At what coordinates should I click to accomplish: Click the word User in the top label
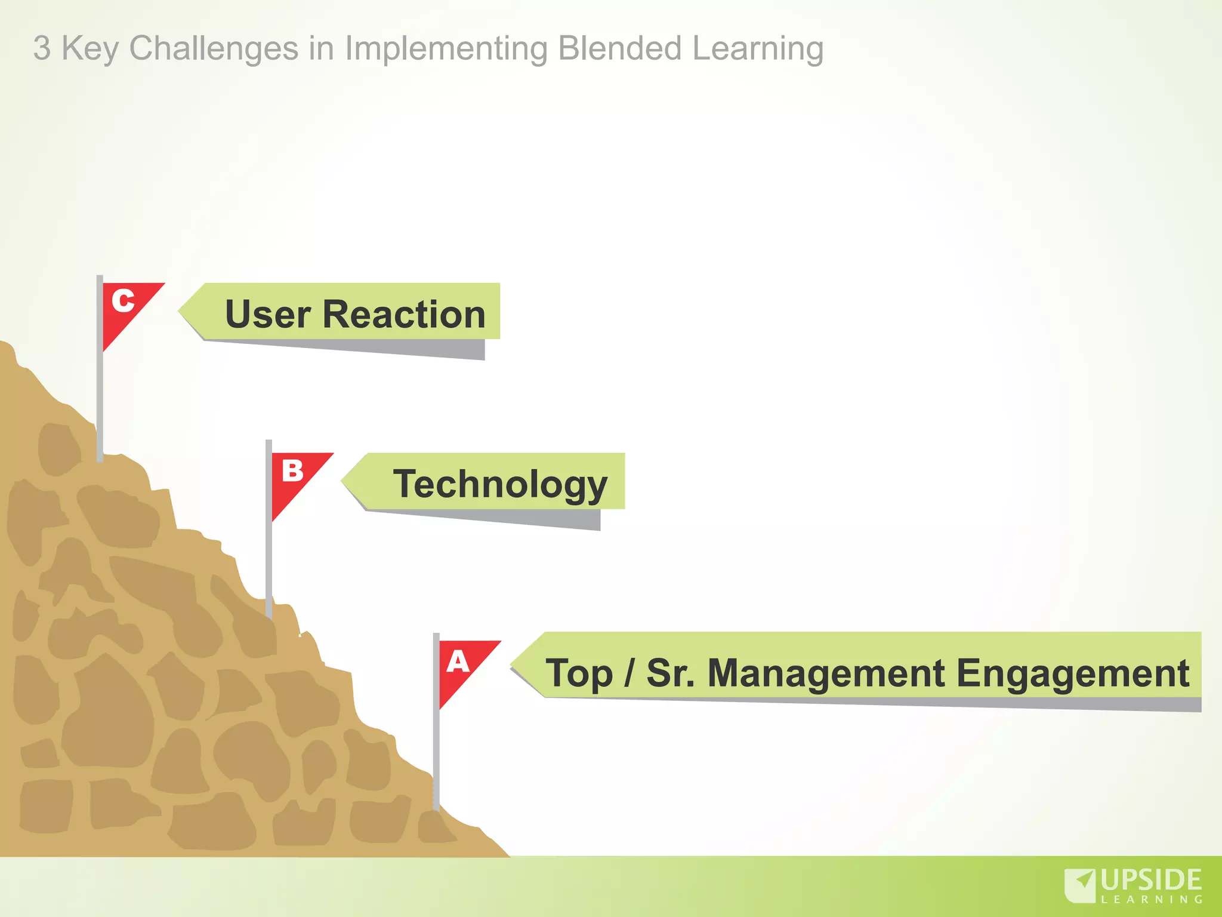pos(267,315)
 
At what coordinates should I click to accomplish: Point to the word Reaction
pos(404,315)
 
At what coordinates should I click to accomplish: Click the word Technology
pos(500,484)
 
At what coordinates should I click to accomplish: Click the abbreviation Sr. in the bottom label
pos(670,673)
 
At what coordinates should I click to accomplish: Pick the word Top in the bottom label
pos(579,673)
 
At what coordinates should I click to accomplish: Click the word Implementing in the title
pos(446,49)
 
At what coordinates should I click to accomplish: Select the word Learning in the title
pos(758,49)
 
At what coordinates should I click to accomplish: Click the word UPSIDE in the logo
pos(1151,880)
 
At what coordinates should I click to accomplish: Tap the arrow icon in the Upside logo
pos(1081,884)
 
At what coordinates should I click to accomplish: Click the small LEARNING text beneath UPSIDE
pos(1151,900)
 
